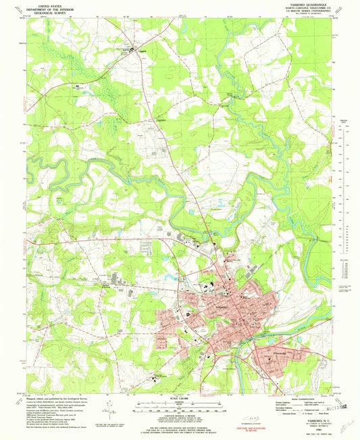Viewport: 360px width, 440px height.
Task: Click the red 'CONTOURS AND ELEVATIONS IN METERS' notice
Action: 257,428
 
